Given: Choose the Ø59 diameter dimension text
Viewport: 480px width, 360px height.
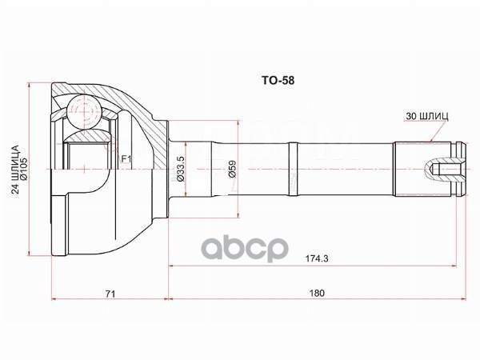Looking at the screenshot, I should click(232, 169).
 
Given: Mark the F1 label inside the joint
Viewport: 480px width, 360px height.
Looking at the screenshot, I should click(126, 160).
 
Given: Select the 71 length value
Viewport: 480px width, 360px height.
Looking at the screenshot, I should click(110, 294).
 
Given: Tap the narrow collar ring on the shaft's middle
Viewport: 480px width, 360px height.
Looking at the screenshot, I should click(294, 169).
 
